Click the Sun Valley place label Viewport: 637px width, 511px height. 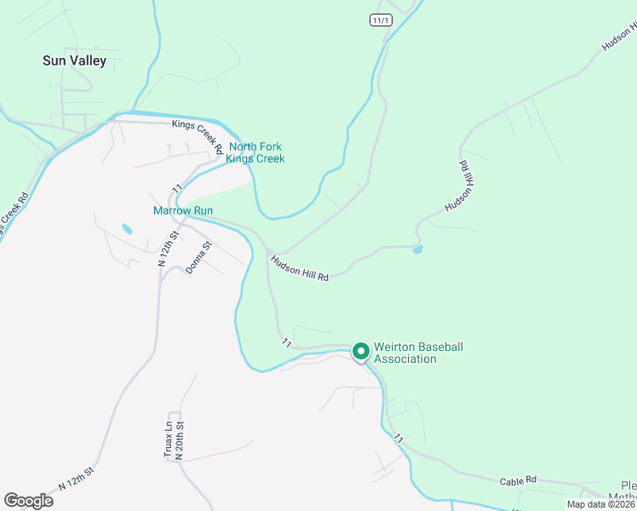(75, 60)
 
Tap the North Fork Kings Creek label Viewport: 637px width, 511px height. (255, 152)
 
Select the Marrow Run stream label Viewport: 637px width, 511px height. (183, 210)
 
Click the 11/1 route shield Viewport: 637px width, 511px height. (381, 20)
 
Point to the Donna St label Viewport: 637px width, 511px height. (202, 257)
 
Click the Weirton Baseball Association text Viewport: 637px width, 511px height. (418, 353)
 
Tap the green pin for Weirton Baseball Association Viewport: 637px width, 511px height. (360, 351)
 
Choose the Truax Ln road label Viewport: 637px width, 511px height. (168, 439)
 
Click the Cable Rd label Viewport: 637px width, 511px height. (517, 480)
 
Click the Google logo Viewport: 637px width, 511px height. (28, 501)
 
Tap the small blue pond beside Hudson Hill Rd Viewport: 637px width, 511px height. (416, 250)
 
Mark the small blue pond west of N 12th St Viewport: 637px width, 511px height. (127, 229)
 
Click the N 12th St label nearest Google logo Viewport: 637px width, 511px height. (75, 479)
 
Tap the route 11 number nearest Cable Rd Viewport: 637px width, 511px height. (398, 437)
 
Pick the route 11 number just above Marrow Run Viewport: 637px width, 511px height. (178, 187)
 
